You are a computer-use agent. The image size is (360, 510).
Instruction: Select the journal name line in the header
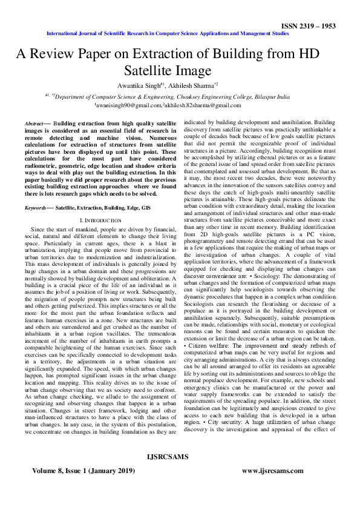[180, 35]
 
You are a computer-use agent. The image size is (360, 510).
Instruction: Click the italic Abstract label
[33, 123]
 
